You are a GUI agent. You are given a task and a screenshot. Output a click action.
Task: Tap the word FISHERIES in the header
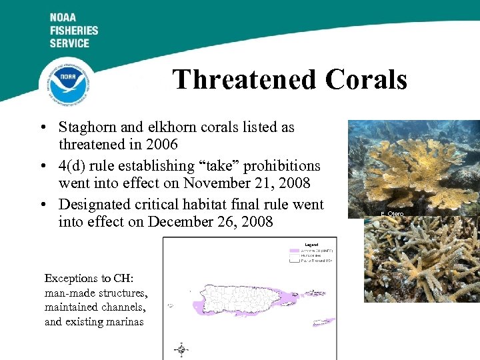click(x=73, y=31)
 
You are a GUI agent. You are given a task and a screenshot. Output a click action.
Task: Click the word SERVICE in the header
click(x=69, y=43)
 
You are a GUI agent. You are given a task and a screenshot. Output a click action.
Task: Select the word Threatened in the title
click(x=244, y=80)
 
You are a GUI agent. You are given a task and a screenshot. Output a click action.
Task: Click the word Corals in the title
click(x=366, y=80)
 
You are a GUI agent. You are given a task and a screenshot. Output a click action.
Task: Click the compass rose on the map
click(x=181, y=349)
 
